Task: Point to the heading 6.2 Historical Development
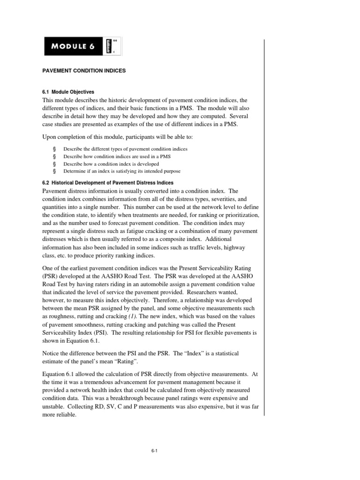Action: pyautogui.click(x=108, y=182)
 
